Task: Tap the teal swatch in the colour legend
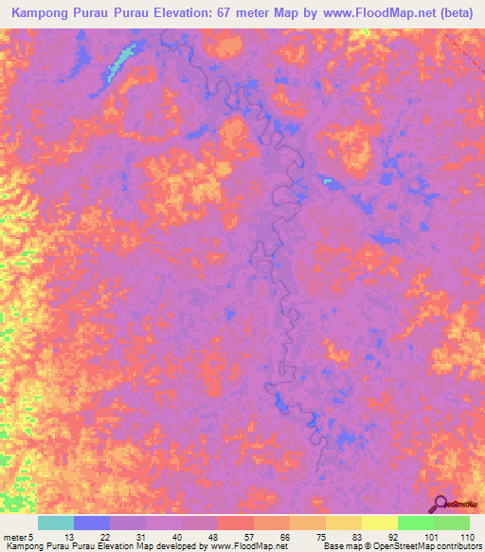click(x=55, y=523)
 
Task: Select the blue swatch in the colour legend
click(x=91, y=523)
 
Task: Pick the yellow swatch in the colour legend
click(x=379, y=523)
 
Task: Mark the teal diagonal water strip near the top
click(x=119, y=62)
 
